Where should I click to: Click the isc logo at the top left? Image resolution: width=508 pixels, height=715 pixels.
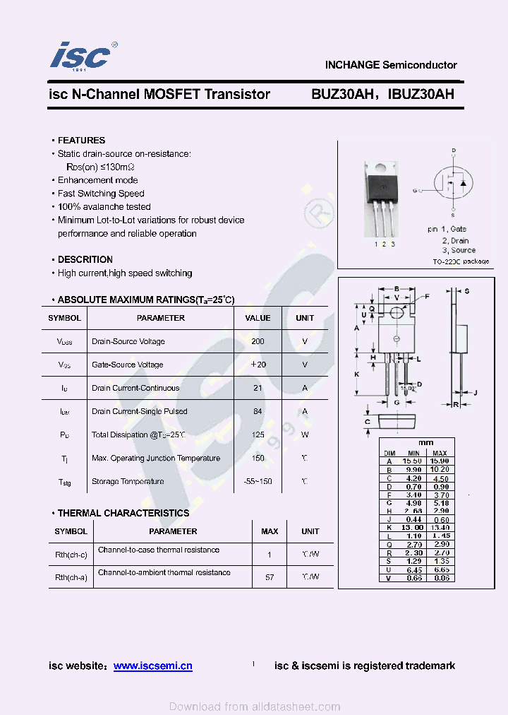[x=80, y=56]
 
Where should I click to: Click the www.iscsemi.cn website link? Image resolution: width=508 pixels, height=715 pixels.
[x=152, y=666]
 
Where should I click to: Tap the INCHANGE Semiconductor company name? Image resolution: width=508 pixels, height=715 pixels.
[x=391, y=65]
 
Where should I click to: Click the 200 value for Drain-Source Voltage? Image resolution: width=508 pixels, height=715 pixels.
[x=258, y=341]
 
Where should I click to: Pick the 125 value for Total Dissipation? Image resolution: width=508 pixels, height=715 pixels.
[x=258, y=435]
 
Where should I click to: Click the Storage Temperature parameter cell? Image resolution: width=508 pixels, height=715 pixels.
[x=127, y=481]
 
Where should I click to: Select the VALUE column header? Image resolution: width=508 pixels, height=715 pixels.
[x=258, y=318]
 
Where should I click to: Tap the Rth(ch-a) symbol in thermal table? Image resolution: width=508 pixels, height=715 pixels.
[x=71, y=577]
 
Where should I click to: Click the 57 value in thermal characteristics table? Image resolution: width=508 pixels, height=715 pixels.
[x=270, y=577]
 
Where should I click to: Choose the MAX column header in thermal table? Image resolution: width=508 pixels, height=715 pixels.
[x=270, y=531]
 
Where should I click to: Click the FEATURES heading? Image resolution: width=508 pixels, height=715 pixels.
[x=81, y=141]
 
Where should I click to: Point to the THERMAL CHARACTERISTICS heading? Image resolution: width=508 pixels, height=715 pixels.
[x=123, y=513]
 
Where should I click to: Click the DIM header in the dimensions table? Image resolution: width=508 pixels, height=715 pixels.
[x=389, y=453]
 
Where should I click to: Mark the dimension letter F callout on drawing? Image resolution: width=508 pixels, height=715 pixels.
[x=426, y=297]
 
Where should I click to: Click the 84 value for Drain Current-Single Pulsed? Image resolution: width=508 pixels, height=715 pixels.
[x=258, y=411]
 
